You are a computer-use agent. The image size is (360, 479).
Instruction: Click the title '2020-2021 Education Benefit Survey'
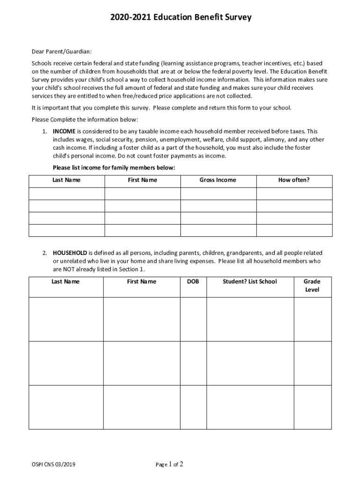pos(180,18)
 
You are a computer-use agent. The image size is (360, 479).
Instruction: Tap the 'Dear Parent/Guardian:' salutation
pos(62,51)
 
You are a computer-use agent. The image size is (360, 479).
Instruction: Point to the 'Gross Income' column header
pos(218,180)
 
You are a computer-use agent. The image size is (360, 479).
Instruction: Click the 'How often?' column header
pos(294,180)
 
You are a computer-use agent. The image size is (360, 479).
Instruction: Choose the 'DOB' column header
pos(193,282)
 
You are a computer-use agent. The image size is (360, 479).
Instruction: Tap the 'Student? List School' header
pos(250,282)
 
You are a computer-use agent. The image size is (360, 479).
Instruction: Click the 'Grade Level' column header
pos(312,285)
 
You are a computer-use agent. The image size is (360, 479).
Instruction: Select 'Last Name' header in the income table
pos(66,180)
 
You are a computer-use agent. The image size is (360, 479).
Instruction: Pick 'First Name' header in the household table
pos(142,282)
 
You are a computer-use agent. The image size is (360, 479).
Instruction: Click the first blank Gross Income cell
pos(218,194)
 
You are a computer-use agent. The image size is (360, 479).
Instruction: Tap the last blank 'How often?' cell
pos(294,230)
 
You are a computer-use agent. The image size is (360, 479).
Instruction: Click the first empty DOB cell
pos(193,319)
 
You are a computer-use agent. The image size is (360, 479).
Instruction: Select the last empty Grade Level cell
pos(312,407)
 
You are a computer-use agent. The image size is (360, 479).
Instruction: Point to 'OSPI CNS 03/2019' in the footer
pos(54,464)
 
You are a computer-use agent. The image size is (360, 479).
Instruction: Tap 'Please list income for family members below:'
pos(114,167)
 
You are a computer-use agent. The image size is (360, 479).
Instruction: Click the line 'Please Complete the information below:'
pos(85,120)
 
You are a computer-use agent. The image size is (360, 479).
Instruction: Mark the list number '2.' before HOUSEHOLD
pos(44,253)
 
